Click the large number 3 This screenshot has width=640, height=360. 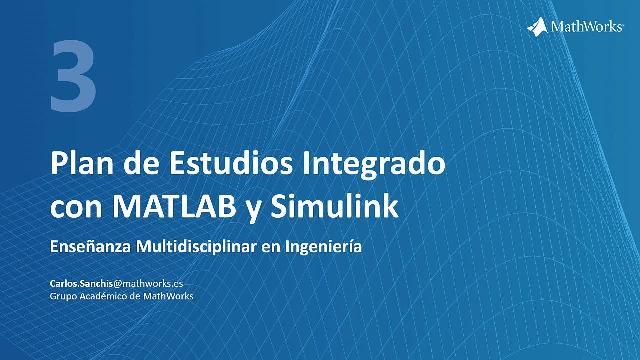[x=73, y=77]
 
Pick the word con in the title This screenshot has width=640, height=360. [x=75, y=209]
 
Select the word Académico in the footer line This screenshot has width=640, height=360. [x=110, y=296]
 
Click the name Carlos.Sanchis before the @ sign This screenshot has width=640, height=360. [x=81, y=284]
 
